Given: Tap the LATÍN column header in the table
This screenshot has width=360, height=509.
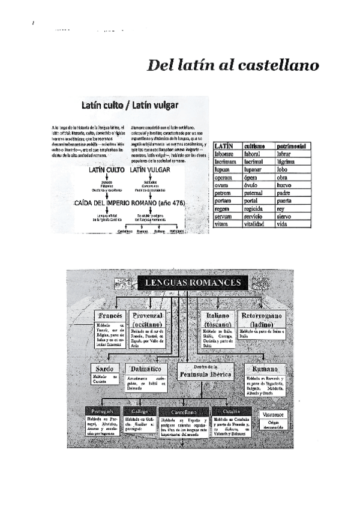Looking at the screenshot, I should [x=224, y=146].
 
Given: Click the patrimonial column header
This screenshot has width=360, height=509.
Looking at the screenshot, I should [x=292, y=146].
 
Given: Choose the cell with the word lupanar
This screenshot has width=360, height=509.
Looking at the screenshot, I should [x=254, y=169].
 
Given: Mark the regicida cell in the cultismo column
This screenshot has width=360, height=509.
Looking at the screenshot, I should [x=255, y=208].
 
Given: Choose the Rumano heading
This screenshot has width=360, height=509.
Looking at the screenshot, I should [x=265, y=369].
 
